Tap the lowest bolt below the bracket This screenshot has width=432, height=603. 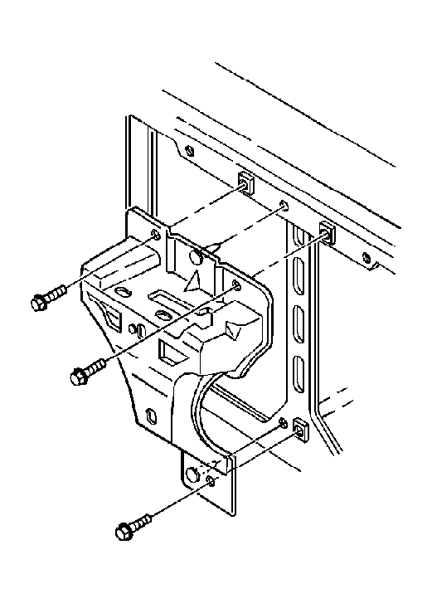[x=133, y=525]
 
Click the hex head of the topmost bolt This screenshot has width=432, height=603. [x=39, y=303]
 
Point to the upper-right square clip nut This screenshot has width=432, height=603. [x=327, y=232]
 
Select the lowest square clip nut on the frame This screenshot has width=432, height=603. [x=300, y=430]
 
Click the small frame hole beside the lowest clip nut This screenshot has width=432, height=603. [x=284, y=424]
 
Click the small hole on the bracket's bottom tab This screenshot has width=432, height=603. [x=211, y=481]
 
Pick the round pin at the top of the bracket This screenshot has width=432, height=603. [x=197, y=256]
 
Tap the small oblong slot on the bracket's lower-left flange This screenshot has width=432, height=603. [x=149, y=416]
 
